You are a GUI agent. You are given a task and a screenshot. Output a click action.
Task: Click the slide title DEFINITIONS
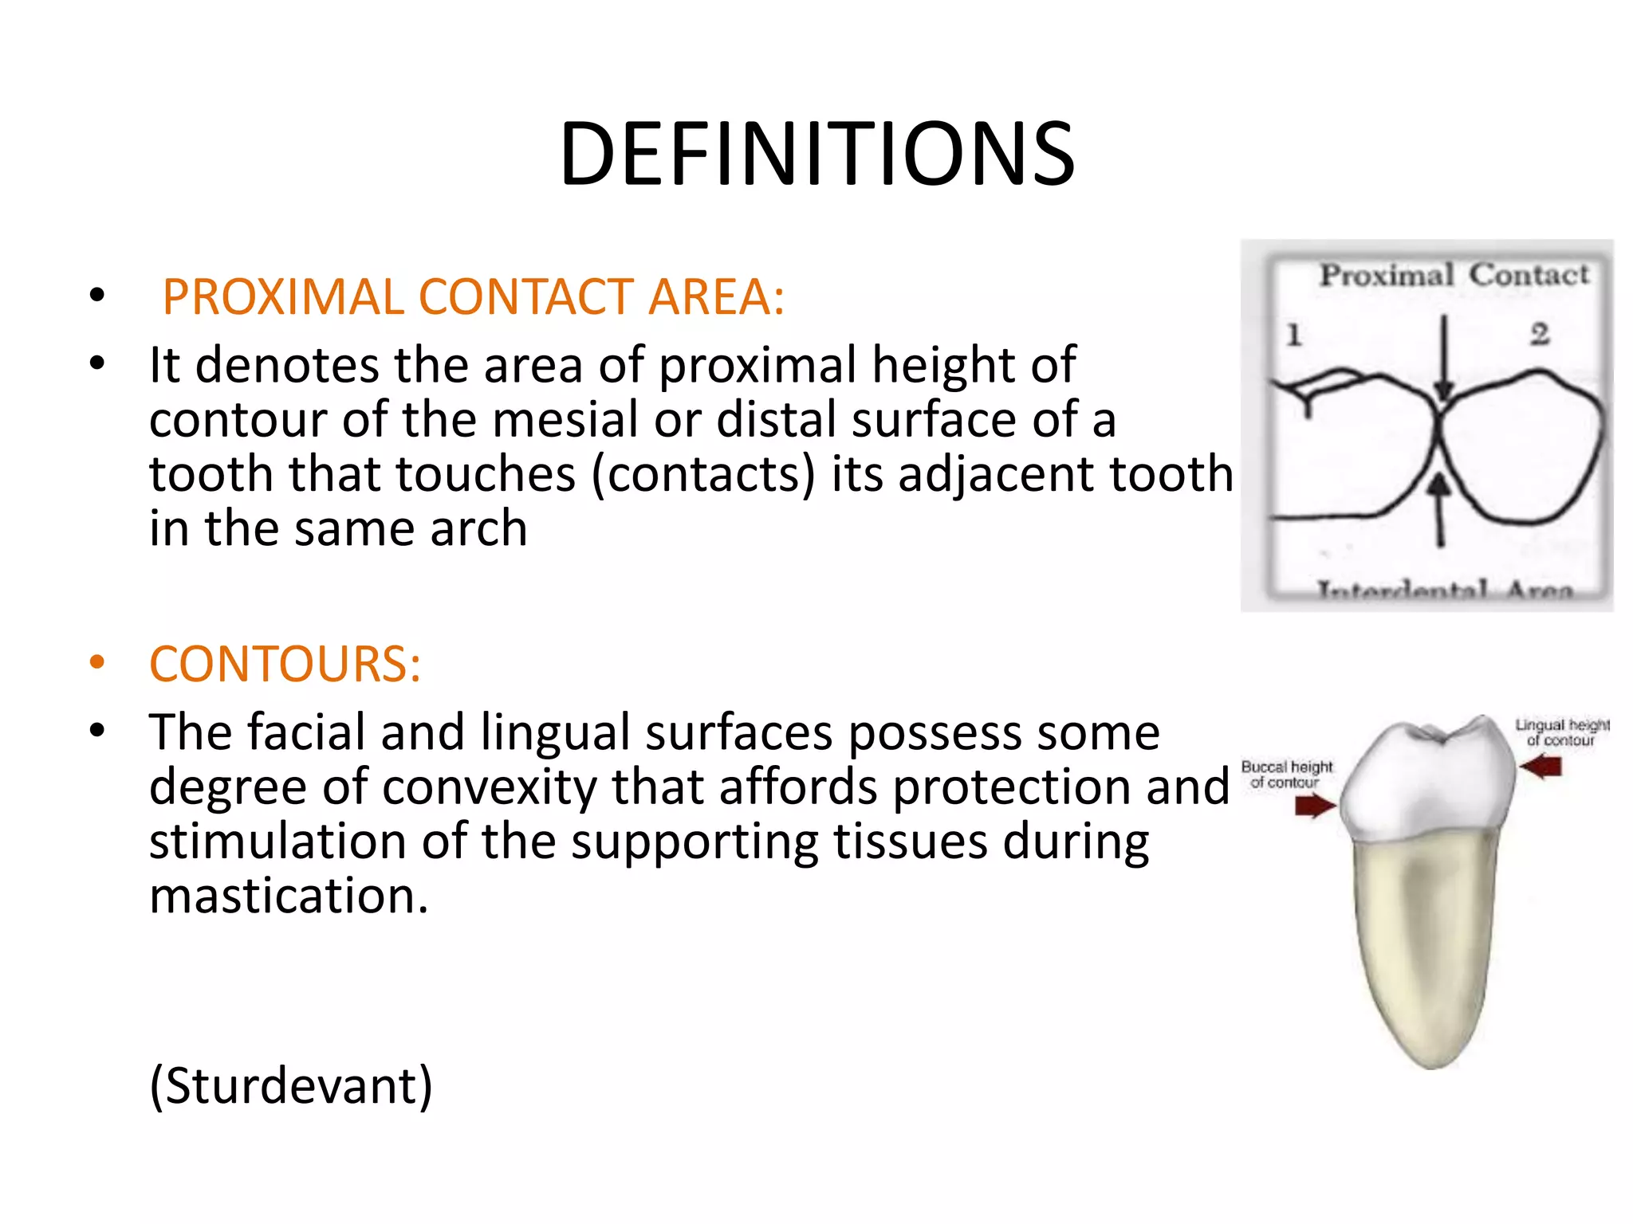[816, 154]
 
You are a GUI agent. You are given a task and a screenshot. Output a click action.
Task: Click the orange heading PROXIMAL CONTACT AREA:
[474, 296]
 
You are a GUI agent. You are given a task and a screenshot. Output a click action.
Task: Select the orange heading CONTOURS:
[285, 664]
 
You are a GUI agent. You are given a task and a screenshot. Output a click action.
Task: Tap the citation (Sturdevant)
[291, 1085]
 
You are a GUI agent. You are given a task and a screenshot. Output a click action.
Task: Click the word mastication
[289, 896]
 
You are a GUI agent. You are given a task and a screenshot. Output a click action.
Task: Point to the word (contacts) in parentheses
[704, 474]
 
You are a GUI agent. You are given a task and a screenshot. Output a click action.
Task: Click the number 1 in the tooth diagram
[1294, 335]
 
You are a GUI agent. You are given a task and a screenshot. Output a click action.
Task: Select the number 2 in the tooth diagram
[1540, 333]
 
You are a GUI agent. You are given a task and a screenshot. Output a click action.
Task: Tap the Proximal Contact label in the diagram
[1454, 275]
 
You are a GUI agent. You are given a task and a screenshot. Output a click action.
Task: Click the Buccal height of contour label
[1286, 774]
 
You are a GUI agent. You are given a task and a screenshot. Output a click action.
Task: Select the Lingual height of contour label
[1562, 732]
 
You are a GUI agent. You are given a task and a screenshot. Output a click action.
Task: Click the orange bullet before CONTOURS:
[97, 663]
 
